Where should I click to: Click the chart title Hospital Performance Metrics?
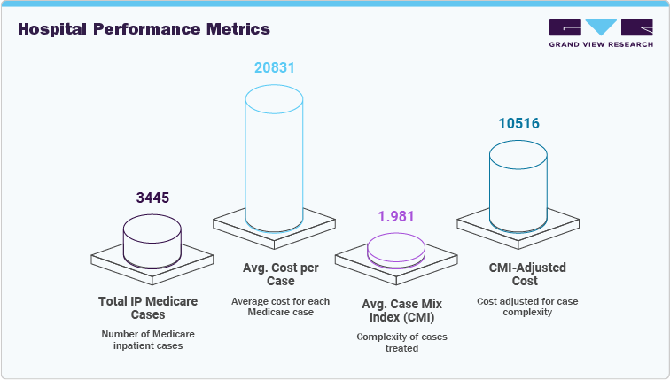144,29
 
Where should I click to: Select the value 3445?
152,198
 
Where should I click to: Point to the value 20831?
274,67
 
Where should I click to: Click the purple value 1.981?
395,217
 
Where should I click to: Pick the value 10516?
518,123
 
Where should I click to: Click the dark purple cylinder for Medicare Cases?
152,240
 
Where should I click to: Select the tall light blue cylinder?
274,159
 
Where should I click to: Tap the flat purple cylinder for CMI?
395,249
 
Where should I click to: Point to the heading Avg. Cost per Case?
280,274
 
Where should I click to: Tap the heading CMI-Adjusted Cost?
527,274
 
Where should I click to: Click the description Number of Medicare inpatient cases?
147,340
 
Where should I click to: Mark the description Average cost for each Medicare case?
280,306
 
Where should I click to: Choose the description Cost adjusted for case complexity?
527,306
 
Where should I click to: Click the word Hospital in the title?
53,29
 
